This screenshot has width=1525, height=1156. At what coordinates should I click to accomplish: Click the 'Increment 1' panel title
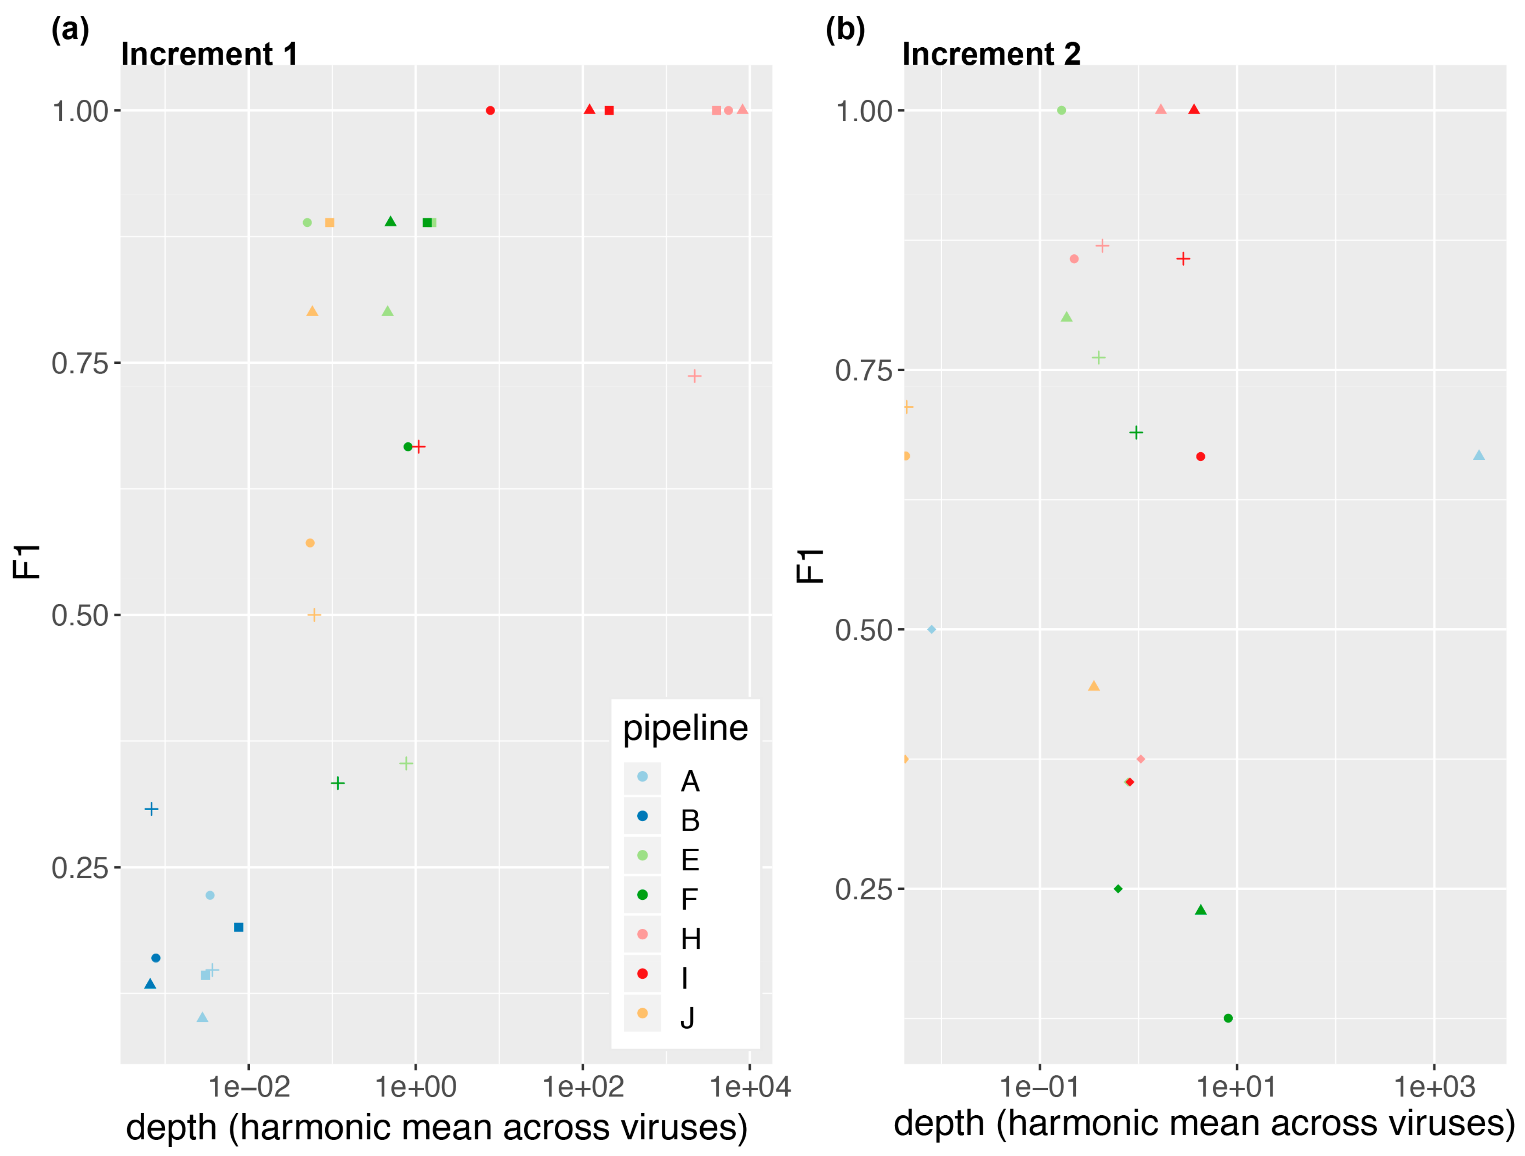(x=209, y=54)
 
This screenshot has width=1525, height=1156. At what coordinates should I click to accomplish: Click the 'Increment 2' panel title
(x=991, y=54)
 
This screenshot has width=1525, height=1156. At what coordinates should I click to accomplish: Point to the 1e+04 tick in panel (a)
(x=750, y=1087)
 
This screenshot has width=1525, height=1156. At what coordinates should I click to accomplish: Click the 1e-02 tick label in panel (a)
(x=249, y=1087)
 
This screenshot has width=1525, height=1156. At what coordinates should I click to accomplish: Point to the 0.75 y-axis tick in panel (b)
(x=864, y=370)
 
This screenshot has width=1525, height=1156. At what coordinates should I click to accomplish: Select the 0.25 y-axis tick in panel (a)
(x=81, y=867)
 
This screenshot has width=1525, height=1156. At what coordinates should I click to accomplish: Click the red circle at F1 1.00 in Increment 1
(x=490, y=110)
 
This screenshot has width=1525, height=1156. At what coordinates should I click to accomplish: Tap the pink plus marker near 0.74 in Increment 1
(x=694, y=375)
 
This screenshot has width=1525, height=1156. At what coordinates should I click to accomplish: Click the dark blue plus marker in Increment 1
(x=152, y=809)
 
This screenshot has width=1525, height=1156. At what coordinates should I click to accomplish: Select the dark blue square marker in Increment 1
(x=238, y=927)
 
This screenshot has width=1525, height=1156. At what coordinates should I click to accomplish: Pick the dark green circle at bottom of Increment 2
(x=1228, y=1018)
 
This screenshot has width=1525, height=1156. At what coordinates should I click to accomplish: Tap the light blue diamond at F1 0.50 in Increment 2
(x=931, y=629)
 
